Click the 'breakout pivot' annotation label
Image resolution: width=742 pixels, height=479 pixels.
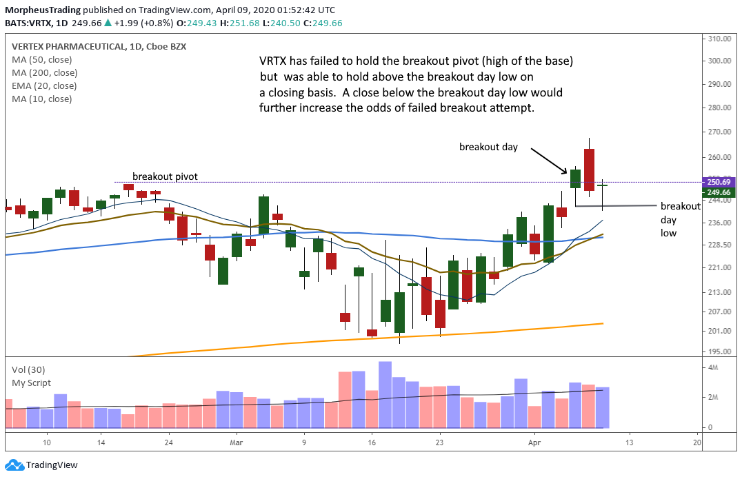point(165,176)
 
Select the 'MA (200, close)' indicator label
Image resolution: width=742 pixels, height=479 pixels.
point(44,73)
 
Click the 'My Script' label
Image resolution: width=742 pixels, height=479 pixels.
point(31,383)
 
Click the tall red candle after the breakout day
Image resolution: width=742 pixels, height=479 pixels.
point(589,170)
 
